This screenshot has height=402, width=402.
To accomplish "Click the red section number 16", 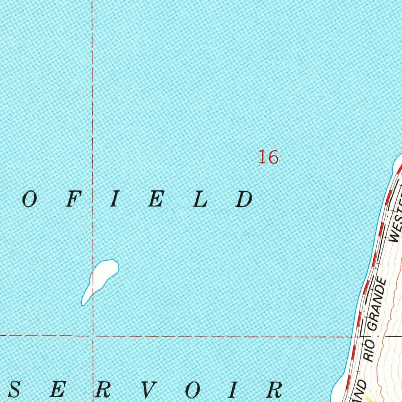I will pos(269,157).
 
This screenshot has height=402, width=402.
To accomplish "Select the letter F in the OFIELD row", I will pos(71,200).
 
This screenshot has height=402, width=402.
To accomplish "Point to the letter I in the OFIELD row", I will pos(114,200).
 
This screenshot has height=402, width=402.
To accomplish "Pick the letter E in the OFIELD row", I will pos(156,200).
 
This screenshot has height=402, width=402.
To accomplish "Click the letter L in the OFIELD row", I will pos(201,200).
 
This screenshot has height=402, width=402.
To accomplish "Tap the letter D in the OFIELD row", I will pos(244,200).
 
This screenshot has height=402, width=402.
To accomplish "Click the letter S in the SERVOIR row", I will pos(15,390).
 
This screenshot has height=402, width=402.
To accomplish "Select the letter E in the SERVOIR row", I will pos(57,390).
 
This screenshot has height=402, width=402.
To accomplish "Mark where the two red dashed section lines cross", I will pos(93,336).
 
